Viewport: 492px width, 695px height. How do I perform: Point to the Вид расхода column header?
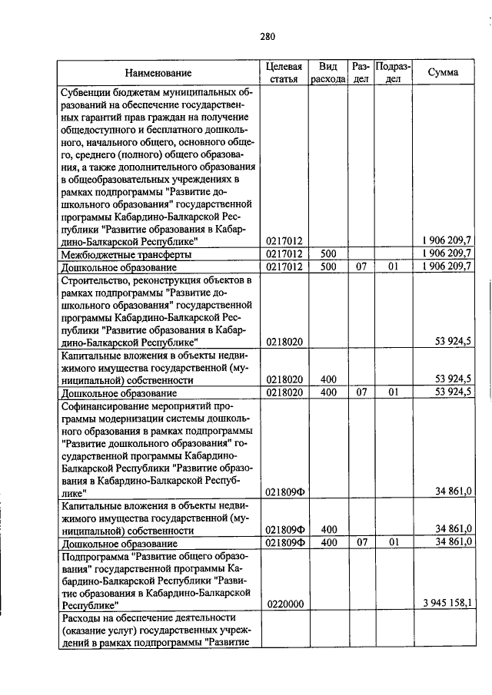[x=328, y=73]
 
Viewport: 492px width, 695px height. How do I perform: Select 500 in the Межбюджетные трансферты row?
[x=329, y=254]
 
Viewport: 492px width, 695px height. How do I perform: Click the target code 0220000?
[x=285, y=604]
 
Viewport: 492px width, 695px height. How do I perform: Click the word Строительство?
[x=95, y=280]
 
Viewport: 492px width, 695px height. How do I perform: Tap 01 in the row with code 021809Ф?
[x=393, y=543]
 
